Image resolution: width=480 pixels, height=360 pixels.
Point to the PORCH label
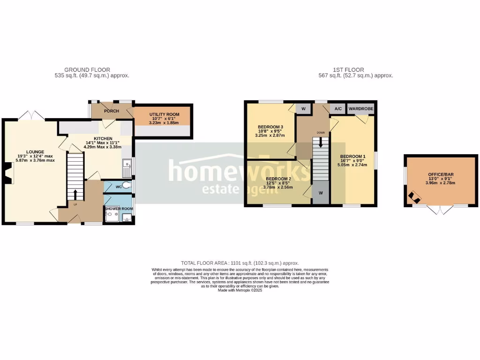[112, 111]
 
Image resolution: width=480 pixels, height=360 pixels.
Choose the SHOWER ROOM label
[119, 209]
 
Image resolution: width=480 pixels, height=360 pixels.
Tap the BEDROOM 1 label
[352, 156]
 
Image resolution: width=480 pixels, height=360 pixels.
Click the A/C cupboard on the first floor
[337, 109]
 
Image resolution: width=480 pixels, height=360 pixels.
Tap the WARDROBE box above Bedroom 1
[360, 109]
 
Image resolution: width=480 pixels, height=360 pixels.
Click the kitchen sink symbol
[127, 166]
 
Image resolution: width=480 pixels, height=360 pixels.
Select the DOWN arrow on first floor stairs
[321, 142]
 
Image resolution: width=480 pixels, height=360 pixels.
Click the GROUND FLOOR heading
[87, 70]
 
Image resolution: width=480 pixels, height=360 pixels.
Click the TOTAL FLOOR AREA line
[240, 263]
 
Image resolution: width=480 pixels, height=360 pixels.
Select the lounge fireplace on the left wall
[8, 172]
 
